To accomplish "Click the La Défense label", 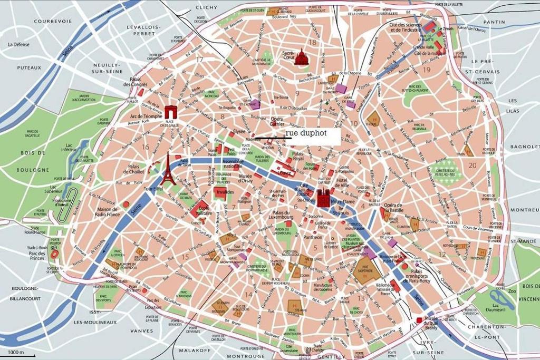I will pos(19,45).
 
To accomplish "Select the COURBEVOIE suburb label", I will pos(52,21).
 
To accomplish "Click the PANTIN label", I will pos(494,22).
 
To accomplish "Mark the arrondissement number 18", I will pos(313,43).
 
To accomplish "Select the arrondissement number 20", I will pos(472,165).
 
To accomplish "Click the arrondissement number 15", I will pos(185,257).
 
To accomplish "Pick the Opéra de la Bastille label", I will pos(393,208).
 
